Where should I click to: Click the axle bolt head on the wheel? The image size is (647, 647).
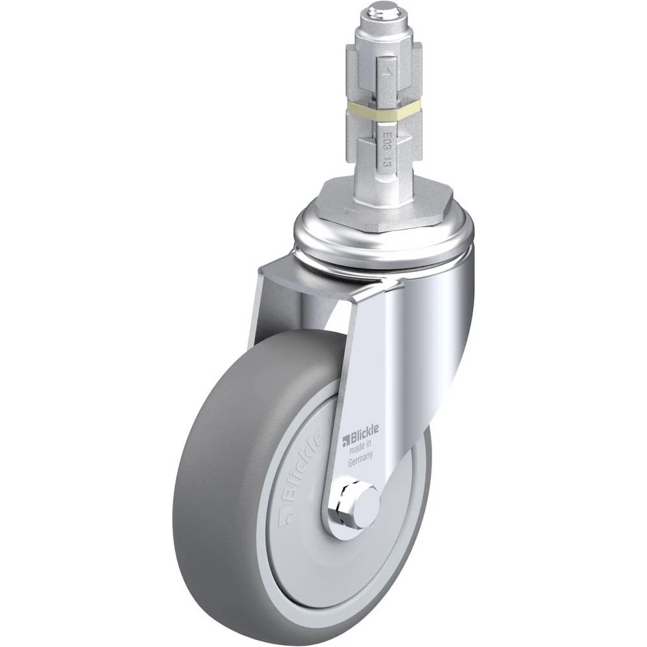pos(366,504)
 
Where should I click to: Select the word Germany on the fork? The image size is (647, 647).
pos(360,459)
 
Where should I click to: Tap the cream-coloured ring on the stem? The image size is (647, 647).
pos(383,116)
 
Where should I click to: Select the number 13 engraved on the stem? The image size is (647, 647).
pos(387,161)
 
